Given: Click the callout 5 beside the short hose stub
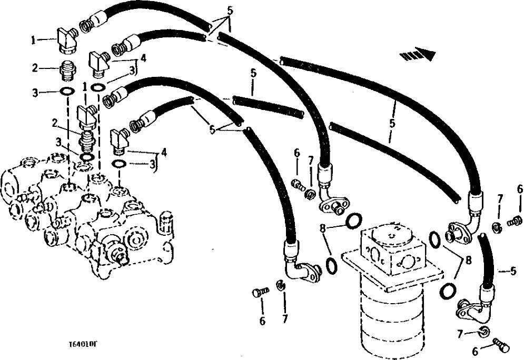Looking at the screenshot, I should [x=513, y=272].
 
